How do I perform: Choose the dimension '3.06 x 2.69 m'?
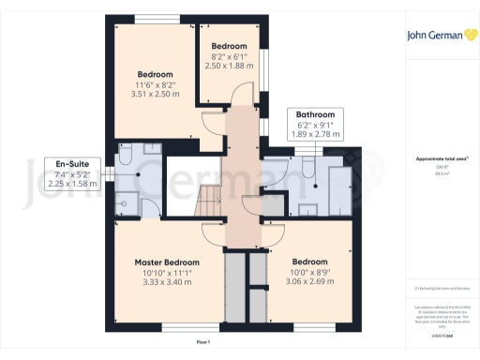[x=309, y=281]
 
